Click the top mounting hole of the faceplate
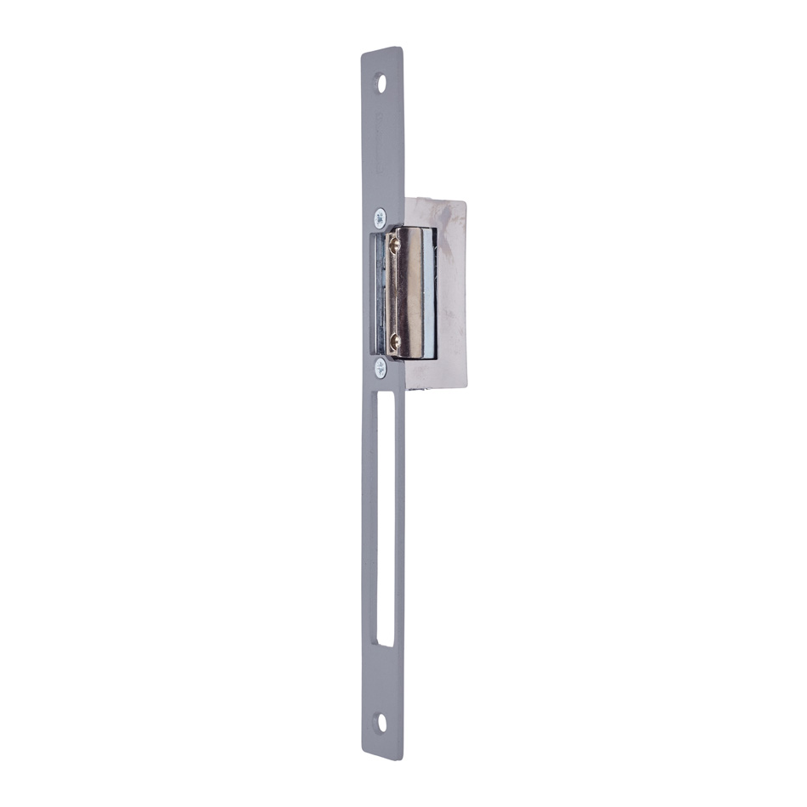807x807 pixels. [x=381, y=83]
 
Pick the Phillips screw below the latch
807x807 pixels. [x=380, y=367]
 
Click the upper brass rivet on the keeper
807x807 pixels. [x=394, y=245]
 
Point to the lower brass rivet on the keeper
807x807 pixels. [x=393, y=341]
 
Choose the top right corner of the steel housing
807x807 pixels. [x=465, y=202]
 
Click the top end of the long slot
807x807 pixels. [x=382, y=391]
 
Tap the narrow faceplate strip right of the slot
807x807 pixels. [x=400, y=518]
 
